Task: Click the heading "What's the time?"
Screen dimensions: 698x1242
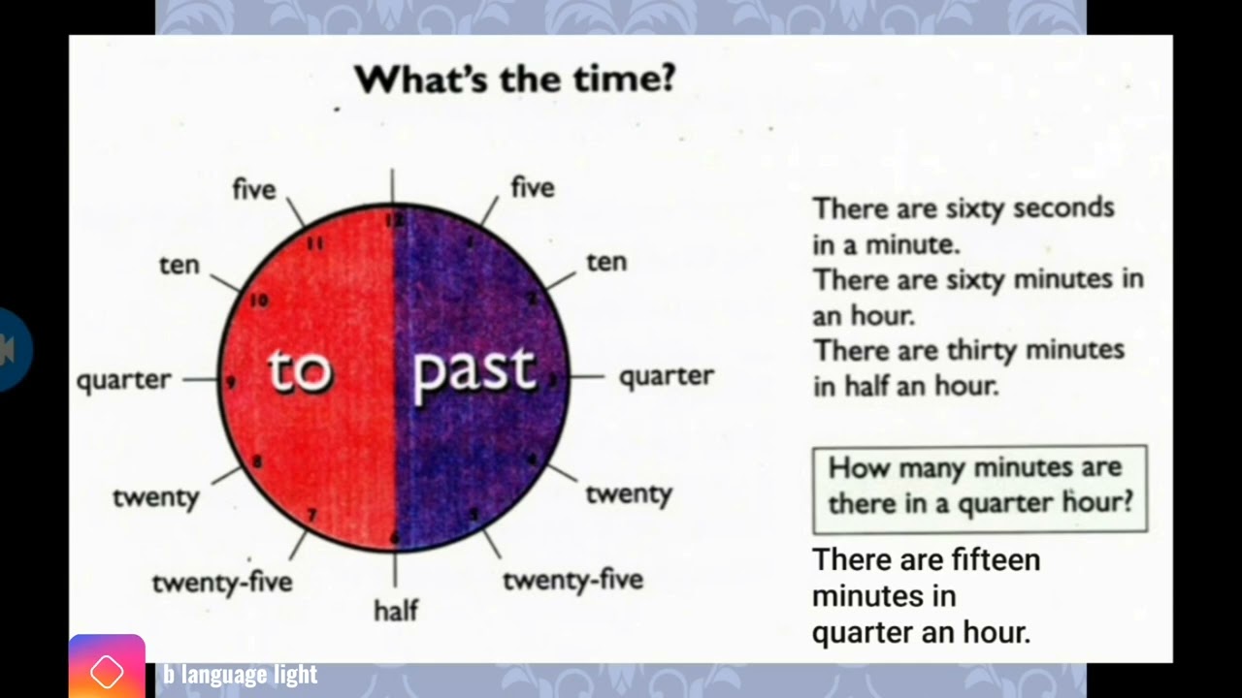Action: (514, 79)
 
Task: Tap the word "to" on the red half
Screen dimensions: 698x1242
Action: (300, 371)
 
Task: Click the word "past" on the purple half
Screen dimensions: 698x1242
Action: (474, 371)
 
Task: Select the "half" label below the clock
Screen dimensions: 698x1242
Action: (396, 610)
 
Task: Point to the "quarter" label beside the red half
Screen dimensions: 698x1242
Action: (124, 380)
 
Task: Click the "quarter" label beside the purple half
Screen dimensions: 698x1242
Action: (667, 376)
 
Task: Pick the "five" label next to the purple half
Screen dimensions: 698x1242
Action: (533, 187)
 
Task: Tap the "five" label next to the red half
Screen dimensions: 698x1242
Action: (254, 190)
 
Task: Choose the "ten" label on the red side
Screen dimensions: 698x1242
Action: (179, 265)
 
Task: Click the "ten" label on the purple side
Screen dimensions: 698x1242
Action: (606, 262)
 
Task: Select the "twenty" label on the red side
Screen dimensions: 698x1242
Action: (155, 497)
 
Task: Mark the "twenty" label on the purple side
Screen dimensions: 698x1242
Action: (629, 493)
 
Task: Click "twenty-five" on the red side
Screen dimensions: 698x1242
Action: (222, 582)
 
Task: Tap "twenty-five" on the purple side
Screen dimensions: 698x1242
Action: (572, 580)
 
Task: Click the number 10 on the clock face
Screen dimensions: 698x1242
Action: (258, 301)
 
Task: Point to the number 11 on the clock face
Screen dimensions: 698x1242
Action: (314, 243)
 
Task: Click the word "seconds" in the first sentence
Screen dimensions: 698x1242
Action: (1063, 208)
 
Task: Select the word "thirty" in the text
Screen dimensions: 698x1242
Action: (983, 350)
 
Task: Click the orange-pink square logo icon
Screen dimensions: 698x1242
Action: (107, 669)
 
